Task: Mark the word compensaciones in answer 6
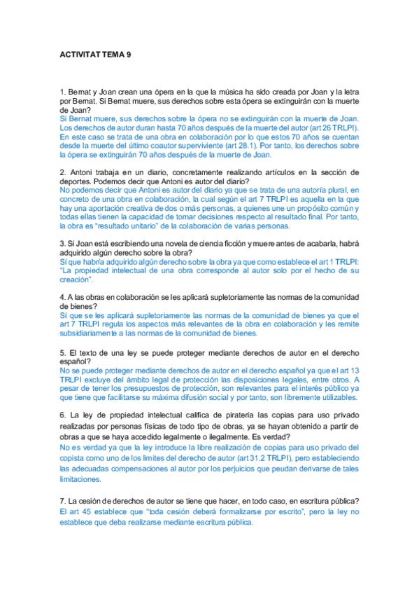[x=145, y=469]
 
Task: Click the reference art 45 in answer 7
[x=72, y=512]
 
